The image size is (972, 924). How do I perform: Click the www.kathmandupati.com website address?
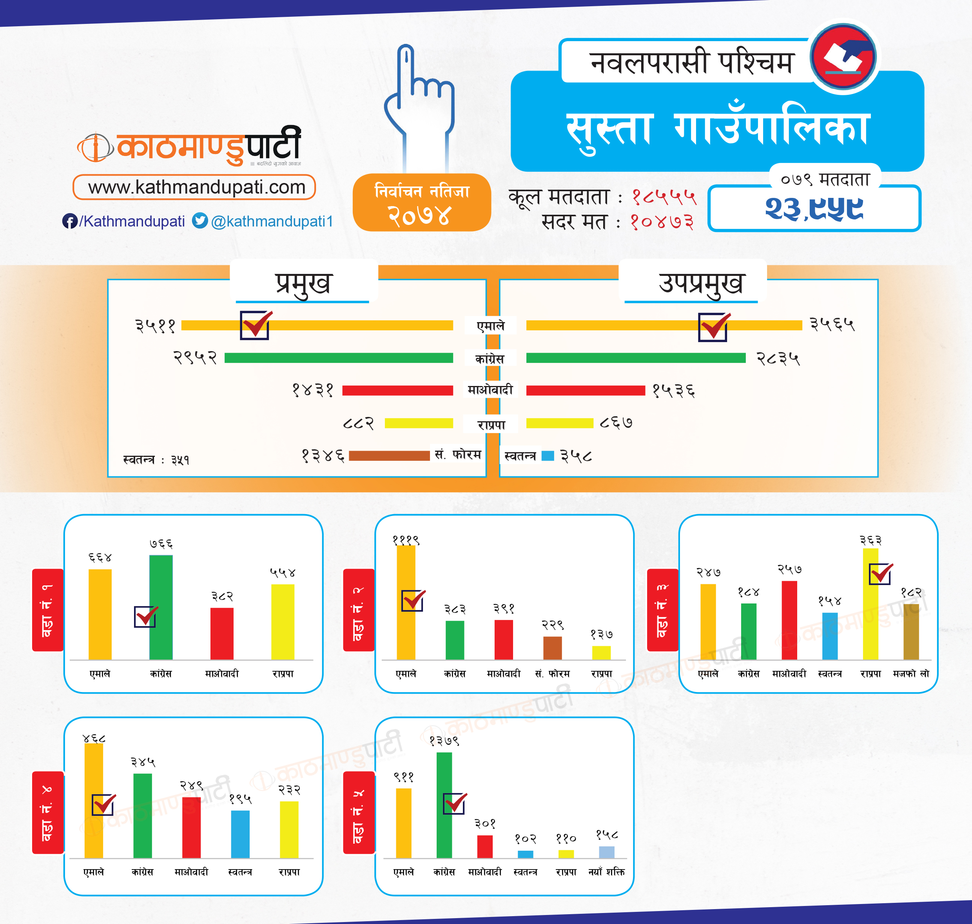pyautogui.click(x=196, y=188)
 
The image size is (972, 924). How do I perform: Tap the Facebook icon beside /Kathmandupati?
pyautogui.click(x=69, y=221)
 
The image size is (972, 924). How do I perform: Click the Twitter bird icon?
pyautogui.click(x=200, y=221)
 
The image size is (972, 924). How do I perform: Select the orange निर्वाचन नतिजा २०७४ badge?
pyautogui.click(x=422, y=203)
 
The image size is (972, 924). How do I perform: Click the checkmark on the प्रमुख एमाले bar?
pyautogui.click(x=255, y=325)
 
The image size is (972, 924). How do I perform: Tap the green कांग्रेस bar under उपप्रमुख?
pyautogui.click(x=635, y=358)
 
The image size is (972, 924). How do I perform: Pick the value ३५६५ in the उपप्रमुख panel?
pyautogui.click(x=832, y=324)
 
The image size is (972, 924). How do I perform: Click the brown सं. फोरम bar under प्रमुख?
pyautogui.click(x=389, y=456)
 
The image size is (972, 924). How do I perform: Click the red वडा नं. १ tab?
pyautogui.click(x=48, y=610)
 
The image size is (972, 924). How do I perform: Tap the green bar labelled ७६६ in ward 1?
pyautogui.click(x=161, y=607)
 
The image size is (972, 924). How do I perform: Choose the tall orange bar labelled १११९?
pyautogui.click(x=406, y=602)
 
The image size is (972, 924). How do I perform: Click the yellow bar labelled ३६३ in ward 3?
pyautogui.click(x=870, y=604)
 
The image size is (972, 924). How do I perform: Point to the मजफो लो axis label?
pyautogui.click(x=911, y=674)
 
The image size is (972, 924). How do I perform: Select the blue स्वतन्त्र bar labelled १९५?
pyautogui.click(x=240, y=834)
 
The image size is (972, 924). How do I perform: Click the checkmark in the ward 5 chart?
pyautogui.click(x=455, y=804)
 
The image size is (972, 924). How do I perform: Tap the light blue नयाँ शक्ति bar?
pyautogui.click(x=606, y=852)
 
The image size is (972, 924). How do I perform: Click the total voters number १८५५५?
pyautogui.click(x=664, y=197)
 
